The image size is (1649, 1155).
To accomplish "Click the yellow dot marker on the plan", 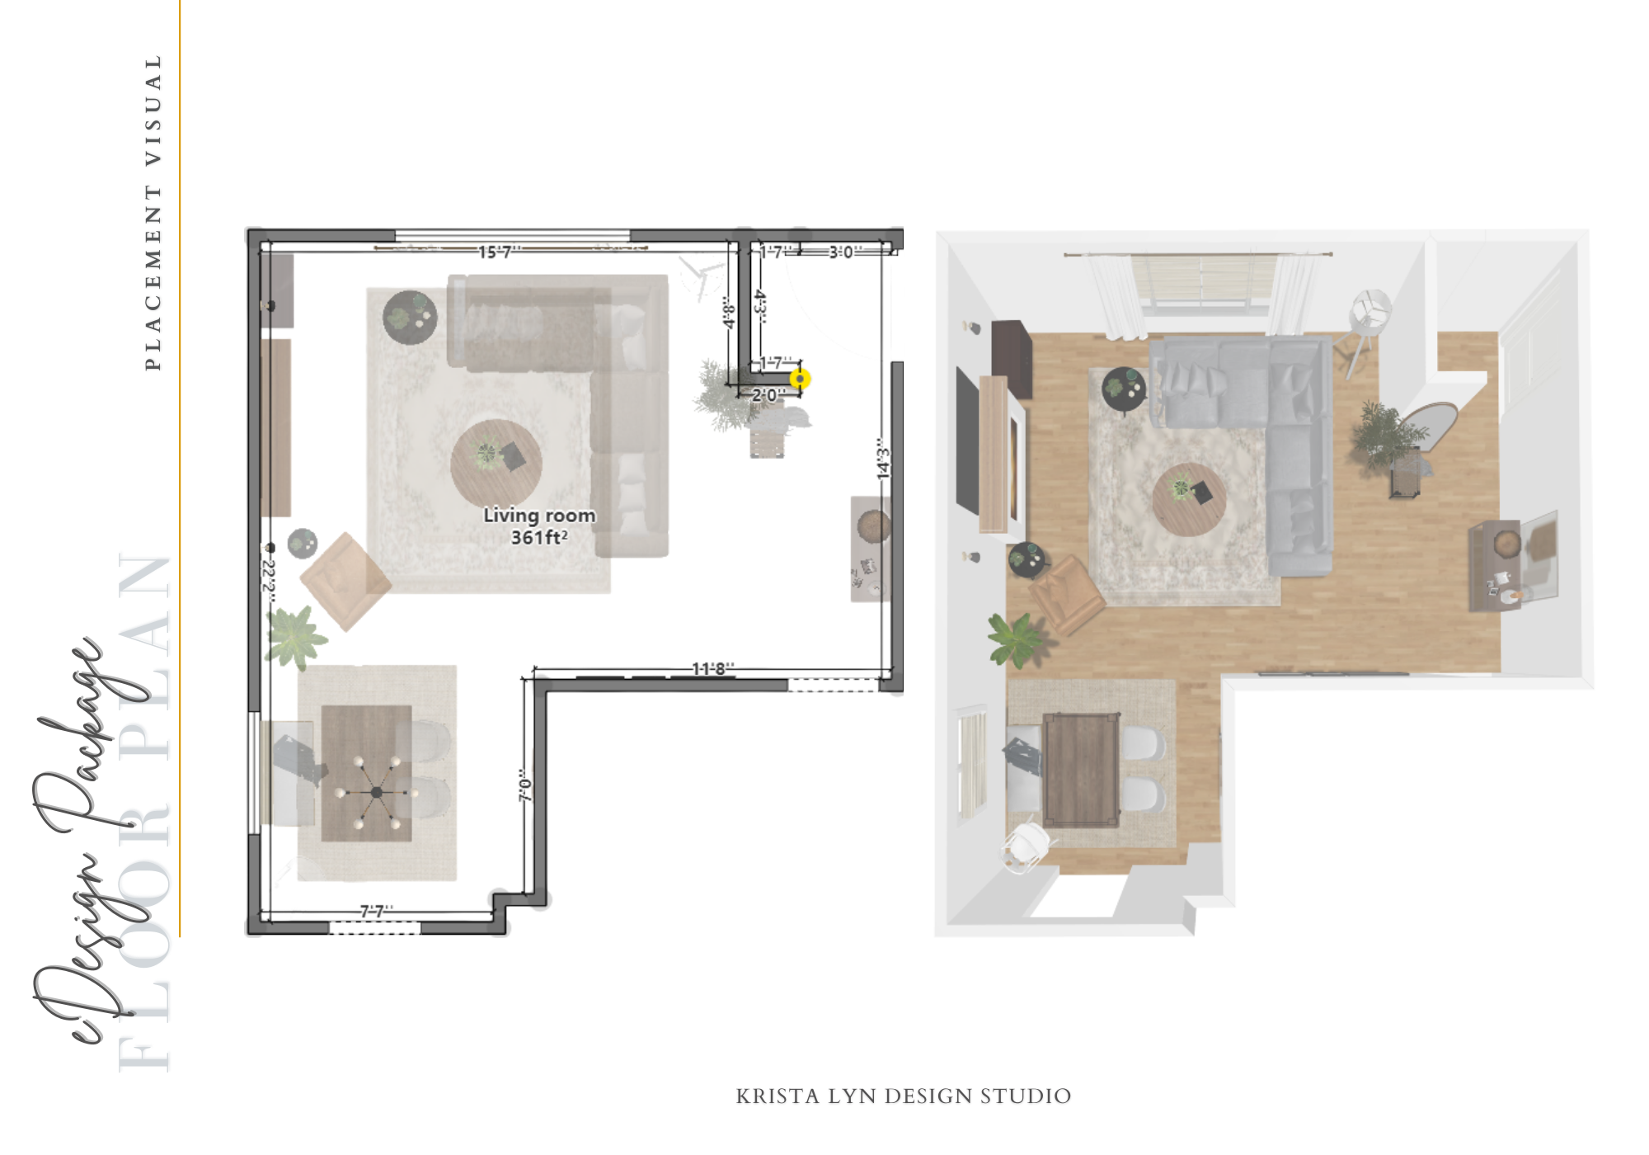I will [x=800, y=379].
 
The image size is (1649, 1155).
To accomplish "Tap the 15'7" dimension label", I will [x=499, y=252].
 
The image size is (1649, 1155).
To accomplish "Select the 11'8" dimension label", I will [x=712, y=668].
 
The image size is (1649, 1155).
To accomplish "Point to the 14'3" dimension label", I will [x=883, y=459].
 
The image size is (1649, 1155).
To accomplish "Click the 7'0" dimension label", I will [x=525, y=785].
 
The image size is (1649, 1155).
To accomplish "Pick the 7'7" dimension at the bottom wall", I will [x=377, y=911].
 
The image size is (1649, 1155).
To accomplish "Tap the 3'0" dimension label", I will [x=844, y=252].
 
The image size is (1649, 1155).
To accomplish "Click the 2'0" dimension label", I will [x=768, y=395].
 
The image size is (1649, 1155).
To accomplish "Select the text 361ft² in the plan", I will [x=539, y=537].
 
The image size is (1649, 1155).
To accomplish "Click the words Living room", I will [x=539, y=516].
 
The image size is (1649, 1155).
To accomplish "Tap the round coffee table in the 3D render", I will [x=1188, y=499].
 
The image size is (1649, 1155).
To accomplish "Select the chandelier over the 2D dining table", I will [x=376, y=792].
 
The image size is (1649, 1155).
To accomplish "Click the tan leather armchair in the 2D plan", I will [x=345, y=581].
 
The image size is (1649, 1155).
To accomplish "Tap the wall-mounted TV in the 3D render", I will [x=967, y=441].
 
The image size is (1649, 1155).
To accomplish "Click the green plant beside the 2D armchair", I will [x=294, y=636].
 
